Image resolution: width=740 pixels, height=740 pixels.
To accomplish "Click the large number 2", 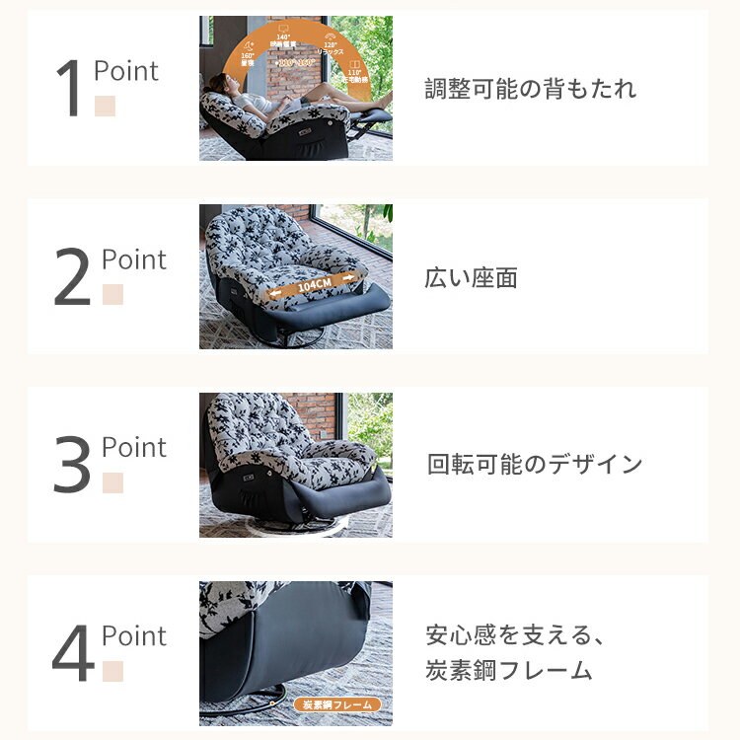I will (71, 279).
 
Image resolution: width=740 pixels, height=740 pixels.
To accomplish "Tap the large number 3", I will (71, 467).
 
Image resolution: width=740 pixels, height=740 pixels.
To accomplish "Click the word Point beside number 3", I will (133, 447).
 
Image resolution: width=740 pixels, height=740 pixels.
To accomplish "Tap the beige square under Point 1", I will (105, 106).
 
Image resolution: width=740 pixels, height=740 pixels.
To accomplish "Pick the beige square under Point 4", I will (112, 671).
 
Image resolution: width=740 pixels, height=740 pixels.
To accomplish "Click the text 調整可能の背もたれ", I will (530, 90).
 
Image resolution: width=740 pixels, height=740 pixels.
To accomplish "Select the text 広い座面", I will (471, 278).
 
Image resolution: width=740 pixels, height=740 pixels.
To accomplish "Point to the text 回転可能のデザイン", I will (534, 465).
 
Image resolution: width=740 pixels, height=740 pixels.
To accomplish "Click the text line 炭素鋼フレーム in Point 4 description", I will (508, 672).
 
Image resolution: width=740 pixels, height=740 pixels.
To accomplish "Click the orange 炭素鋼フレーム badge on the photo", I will (336, 704).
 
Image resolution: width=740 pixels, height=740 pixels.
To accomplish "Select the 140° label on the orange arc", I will (282, 37).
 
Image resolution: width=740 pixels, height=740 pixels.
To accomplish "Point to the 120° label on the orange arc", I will (331, 43).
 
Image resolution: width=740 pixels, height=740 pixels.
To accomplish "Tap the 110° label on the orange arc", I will (355, 73).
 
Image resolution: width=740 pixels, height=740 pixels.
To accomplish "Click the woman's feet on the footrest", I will (380, 100).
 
